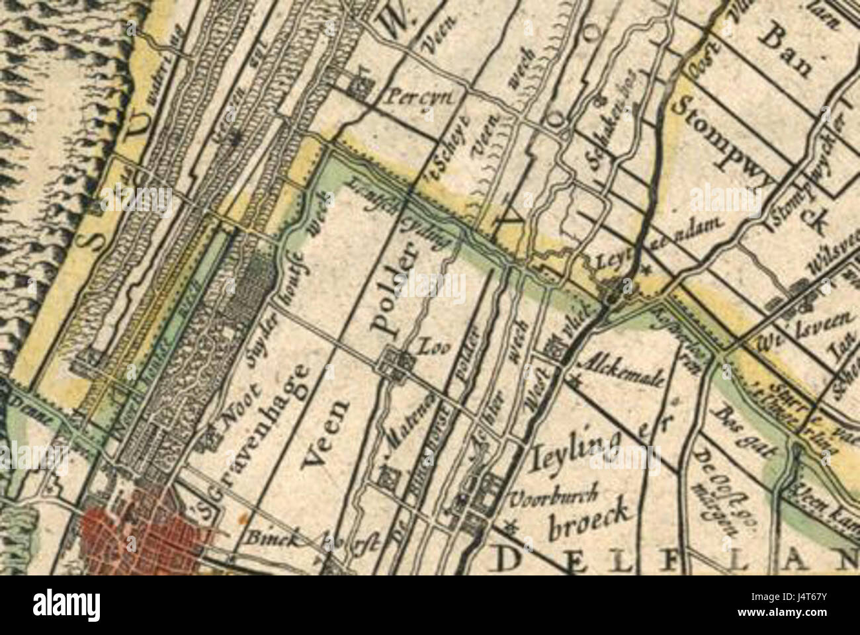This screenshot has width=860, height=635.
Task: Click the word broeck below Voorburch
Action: click(x=582, y=523)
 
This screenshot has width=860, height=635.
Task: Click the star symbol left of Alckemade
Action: click(x=574, y=380)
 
